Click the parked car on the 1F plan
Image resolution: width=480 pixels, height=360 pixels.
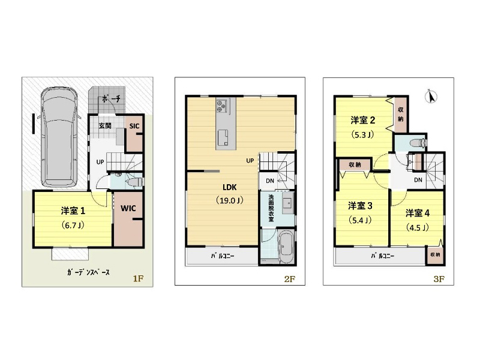(59, 138)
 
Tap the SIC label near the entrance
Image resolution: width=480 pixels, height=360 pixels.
(134, 126)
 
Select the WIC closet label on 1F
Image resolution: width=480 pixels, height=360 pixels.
(128, 208)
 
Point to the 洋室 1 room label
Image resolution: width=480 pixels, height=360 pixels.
(73, 211)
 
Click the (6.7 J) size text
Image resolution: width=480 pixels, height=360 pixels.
(73, 226)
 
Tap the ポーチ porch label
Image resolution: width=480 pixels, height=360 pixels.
(111, 99)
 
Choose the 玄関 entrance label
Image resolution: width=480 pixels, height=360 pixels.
(105, 126)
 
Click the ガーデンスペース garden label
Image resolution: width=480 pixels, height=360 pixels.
(88, 272)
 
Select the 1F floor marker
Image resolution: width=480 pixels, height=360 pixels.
(138, 278)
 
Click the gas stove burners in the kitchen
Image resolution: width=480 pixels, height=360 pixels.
(221, 105)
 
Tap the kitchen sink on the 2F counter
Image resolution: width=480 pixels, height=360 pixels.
(223, 137)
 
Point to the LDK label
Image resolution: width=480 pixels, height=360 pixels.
(230, 187)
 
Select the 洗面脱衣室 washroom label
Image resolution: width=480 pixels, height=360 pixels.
(271, 208)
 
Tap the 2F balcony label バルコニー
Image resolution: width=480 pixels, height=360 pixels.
(223, 256)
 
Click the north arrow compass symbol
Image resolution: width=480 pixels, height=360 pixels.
(431, 97)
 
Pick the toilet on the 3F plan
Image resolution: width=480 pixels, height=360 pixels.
(418, 143)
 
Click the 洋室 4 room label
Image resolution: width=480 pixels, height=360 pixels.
(418, 213)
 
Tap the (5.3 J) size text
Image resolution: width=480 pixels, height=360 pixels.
(363, 134)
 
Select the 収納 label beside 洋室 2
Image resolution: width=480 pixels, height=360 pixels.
(401, 114)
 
